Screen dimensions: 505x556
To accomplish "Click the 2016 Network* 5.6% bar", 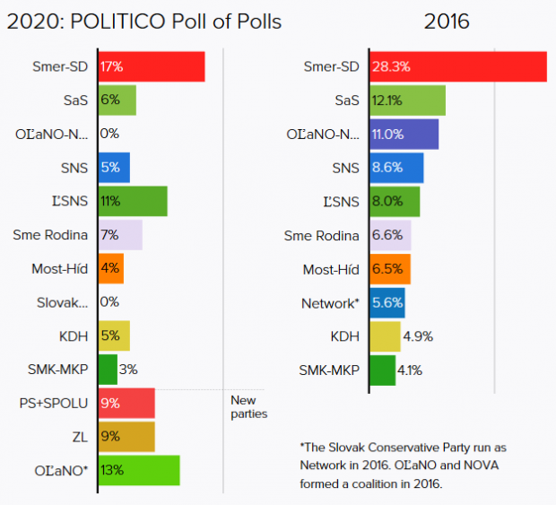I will tap(387, 303).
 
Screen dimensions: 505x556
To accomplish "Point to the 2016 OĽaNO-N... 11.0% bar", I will tap(403, 135).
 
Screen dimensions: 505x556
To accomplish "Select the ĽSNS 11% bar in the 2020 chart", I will tap(132, 201).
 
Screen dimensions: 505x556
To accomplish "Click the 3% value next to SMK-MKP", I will tap(129, 369).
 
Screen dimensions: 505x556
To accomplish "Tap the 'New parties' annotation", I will tap(248, 407).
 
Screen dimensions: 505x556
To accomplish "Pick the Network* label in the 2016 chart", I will tap(329, 303).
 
